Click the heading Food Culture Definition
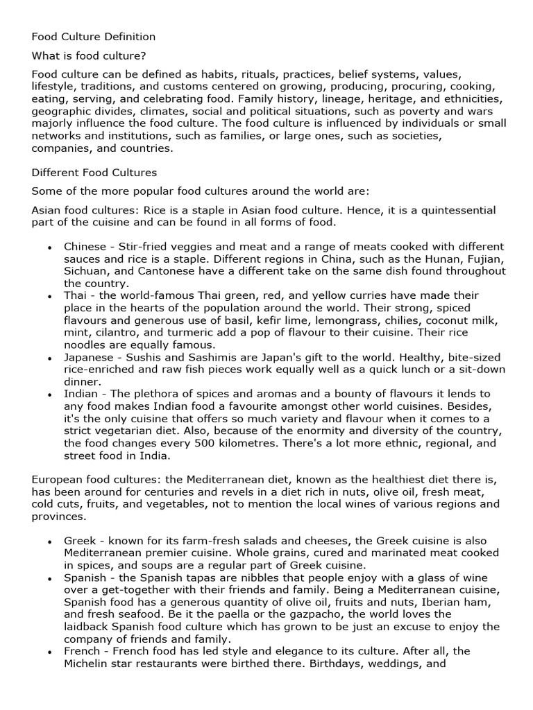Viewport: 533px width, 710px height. [x=94, y=36]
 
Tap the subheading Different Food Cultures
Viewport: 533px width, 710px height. [x=94, y=172]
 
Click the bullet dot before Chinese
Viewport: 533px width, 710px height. [x=49, y=248]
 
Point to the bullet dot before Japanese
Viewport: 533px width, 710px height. [x=49, y=358]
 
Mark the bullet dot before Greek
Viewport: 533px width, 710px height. [x=49, y=542]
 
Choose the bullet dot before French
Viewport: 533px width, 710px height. [x=49, y=652]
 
